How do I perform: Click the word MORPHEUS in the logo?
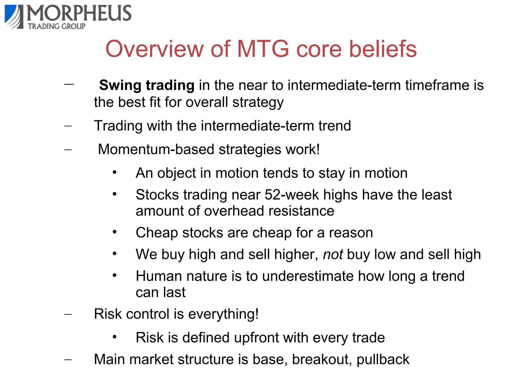pos(79,13)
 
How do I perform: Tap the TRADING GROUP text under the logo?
pos(57,26)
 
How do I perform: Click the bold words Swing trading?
pos(147,85)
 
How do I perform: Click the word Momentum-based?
pos(156,149)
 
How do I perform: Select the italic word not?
pos(333,254)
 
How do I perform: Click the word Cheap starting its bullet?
pos(157,233)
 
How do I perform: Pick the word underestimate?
pos(308,276)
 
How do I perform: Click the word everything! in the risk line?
pos(223,314)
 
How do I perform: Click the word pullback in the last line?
pos(383,359)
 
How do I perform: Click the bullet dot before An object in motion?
pos(115,173)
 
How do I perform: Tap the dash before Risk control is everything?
pos(68,314)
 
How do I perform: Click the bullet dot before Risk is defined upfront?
pos(115,337)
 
